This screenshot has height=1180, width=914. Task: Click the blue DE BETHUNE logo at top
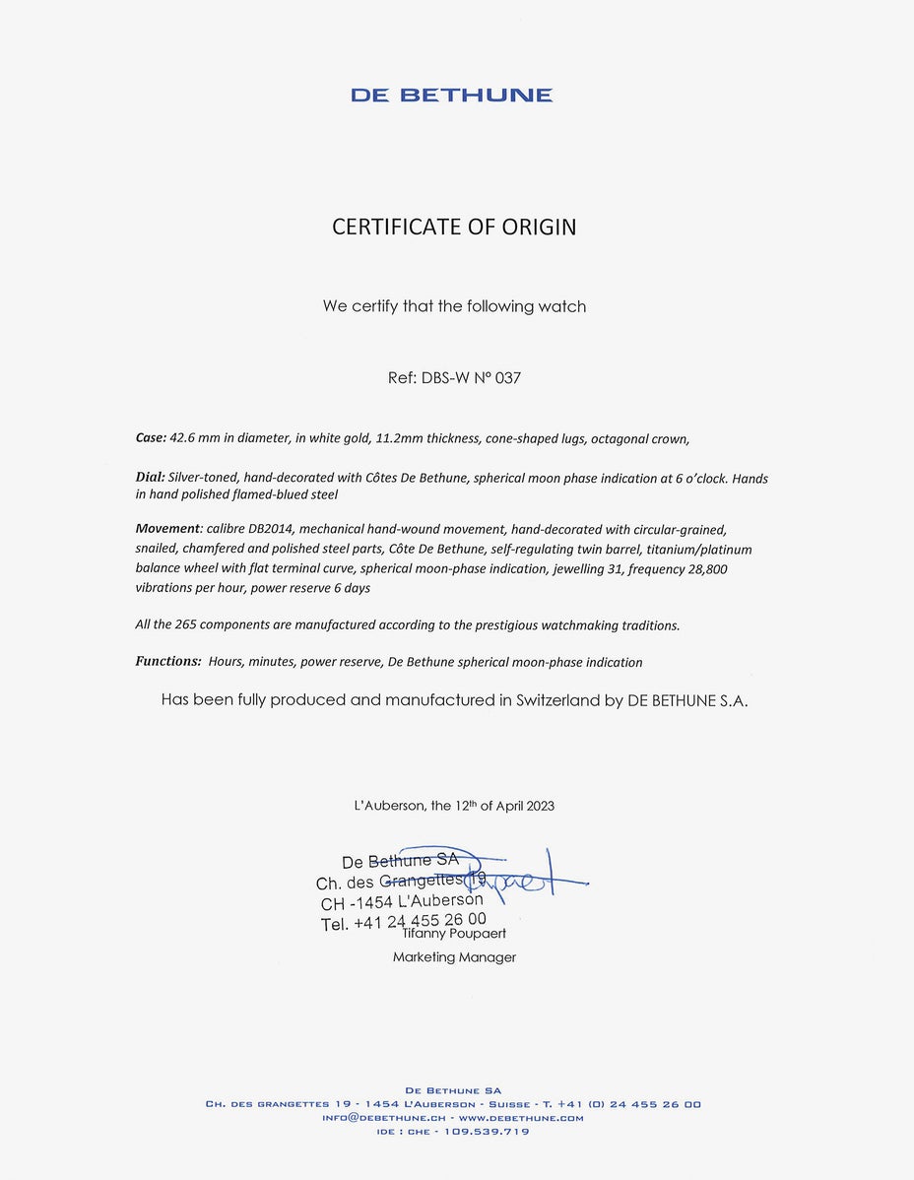tap(451, 96)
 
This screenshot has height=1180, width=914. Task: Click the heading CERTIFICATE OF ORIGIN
tap(454, 228)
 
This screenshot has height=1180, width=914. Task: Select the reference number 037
tap(508, 377)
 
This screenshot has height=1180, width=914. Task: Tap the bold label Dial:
tap(150, 479)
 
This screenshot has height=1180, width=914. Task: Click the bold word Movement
tap(167, 529)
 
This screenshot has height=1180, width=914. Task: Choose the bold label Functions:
tap(168, 662)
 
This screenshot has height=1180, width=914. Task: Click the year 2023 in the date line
tap(540, 806)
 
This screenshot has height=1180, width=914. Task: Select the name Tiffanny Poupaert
tap(454, 933)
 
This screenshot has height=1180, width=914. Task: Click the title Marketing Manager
tap(454, 957)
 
